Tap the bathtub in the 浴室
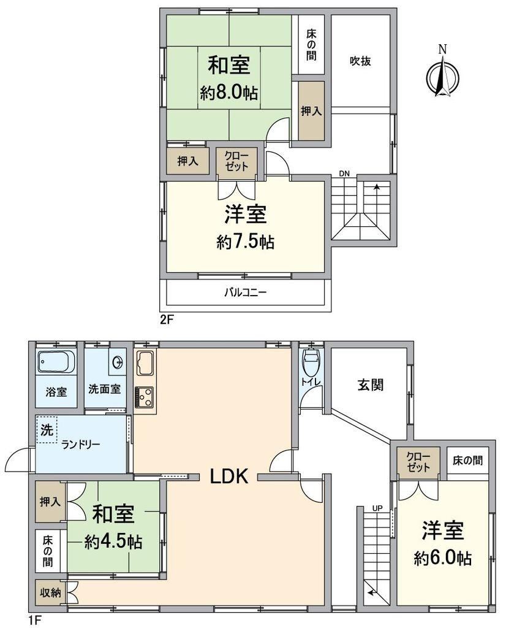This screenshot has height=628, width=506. (x=56, y=362)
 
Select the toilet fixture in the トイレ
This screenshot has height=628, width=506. (x=311, y=362)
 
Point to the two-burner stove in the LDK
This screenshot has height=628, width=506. (x=143, y=397)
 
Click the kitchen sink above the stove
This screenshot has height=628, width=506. (x=143, y=363)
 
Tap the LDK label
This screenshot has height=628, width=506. (x=230, y=477)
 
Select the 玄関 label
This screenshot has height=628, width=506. (x=371, y=385)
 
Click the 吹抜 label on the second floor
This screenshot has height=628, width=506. (x=360, y=61)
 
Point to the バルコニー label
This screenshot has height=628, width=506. (x=245, y=293)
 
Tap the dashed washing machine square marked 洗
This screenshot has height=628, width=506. (x=47, y=429)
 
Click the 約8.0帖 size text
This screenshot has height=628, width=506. (x=228, y=93)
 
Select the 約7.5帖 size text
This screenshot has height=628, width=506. (x=245, y=242)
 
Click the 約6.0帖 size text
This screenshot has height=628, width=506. (x=442, y=558)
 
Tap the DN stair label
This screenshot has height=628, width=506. (x=344, y=174)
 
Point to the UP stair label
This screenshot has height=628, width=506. (x=377, y=508)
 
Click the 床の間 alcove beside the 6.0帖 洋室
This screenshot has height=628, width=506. (x=467, y=461)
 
